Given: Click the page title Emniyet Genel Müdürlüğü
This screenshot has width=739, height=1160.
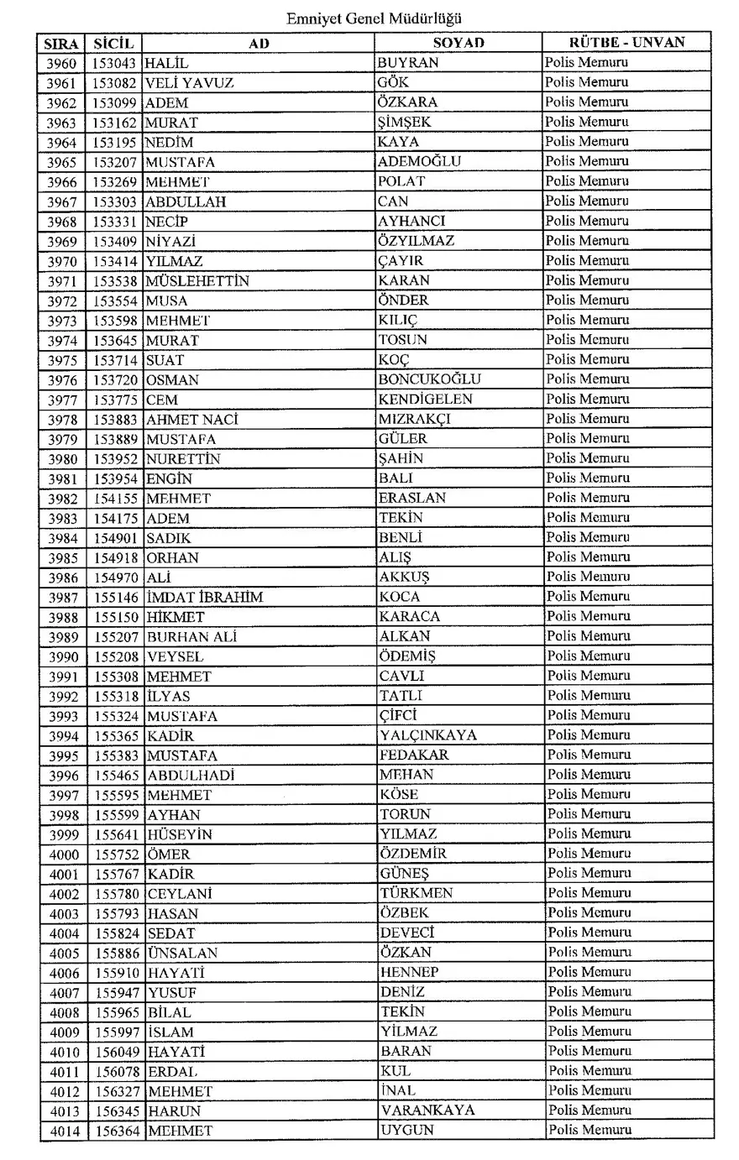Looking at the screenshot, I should click(374, 18).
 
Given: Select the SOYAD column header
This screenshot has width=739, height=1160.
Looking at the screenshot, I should click(459, 43).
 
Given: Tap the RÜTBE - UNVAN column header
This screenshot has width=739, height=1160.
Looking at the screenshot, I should click(626, 42).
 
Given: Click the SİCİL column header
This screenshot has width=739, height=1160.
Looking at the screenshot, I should click(113, 43).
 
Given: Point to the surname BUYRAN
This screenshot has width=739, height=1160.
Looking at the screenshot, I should click(407, 63).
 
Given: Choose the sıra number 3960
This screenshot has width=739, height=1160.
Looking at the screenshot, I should click(61, 64).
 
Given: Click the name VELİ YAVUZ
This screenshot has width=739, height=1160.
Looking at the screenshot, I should click(189, 83).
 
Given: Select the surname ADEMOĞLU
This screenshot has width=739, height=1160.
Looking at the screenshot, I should click(419, 162).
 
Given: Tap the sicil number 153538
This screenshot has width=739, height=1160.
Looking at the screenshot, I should click(115, 281).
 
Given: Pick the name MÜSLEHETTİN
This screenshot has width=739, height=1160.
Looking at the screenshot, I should click(197, 281).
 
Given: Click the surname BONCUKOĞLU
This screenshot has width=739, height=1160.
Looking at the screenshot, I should click(430, 379).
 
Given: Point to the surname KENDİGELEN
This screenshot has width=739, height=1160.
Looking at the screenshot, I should click(425, 400).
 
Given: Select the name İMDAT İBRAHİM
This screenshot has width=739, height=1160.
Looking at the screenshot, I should click(204, 598).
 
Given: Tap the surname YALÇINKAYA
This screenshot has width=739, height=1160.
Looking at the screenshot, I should click(427, 735).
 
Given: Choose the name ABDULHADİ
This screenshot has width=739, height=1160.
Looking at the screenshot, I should click(191, 776).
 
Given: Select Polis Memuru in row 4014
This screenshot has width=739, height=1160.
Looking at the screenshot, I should click(590, 1130).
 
